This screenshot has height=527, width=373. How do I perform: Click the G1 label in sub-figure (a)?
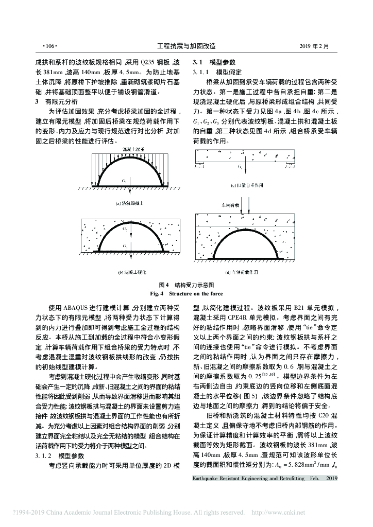tap(124, 181)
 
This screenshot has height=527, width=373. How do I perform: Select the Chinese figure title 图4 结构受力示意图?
tap(186, 284)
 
